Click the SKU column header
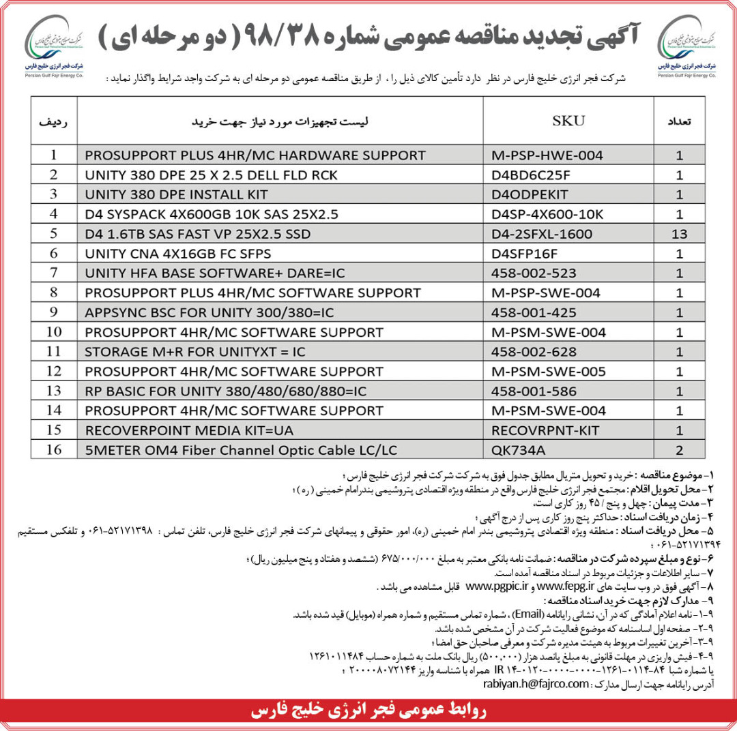(x=568, y=121)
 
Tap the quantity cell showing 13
(x=678, y=234)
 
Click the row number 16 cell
(x=55, y=450)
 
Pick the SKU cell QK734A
(x=516, y=450)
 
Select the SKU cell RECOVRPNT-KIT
(x=545, y=430)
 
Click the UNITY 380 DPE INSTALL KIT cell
(x=177, y=194)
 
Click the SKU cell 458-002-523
(x=534, y=273)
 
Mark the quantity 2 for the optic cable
(x=678, y=450)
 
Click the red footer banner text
(x=369, y=711)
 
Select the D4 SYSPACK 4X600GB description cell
(x=212, y=214)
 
